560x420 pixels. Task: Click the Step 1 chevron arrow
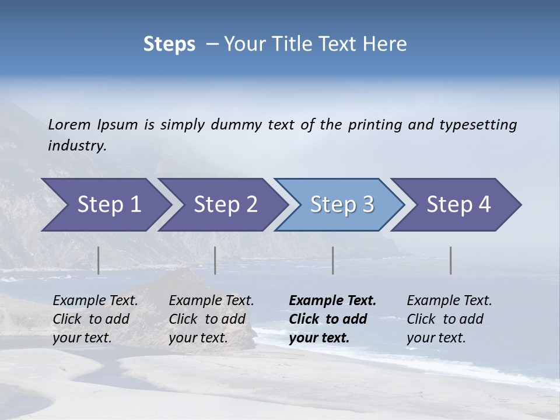pyautogui.click(x=105, y=205)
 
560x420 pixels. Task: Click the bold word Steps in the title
pyautogui.click(x=169, y=44)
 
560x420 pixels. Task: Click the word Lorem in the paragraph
pyautogui.click(x=69, y=124)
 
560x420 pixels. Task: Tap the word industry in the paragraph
pyautogui.click(x=76, y=145)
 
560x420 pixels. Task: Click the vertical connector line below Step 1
pyautogui.click(x=99, y=260)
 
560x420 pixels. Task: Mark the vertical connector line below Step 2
pyautogui.click(x=215, y=260)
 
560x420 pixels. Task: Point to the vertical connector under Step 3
pyautogui.click(x=332, y=260)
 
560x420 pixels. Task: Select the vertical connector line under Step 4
pyautogui.click(x=450, y=260)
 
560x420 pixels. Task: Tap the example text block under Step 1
pyautogui.click(x=94, y=319)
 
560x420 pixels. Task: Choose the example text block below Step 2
pyautogui.click(x=211, y=319)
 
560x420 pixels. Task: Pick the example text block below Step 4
pyautogui.click(x=449, y=319)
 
